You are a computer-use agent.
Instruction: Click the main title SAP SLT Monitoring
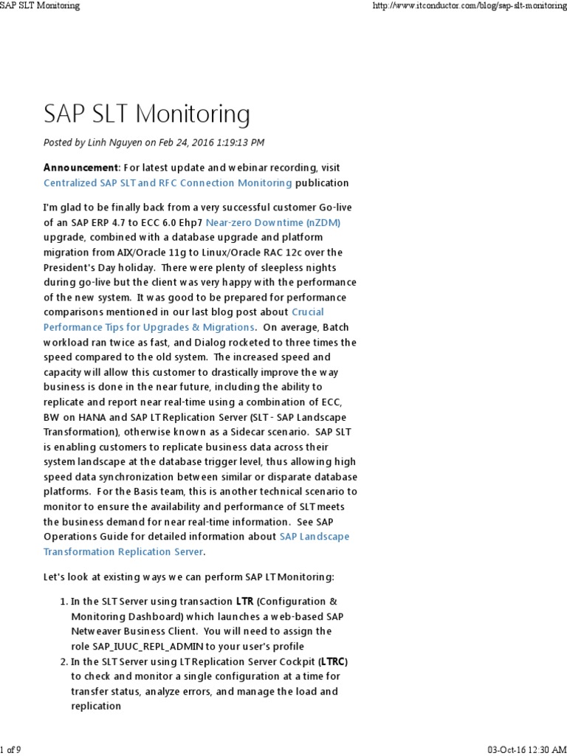(x=147, y=114)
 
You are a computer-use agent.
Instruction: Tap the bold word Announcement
(x=80, y=168)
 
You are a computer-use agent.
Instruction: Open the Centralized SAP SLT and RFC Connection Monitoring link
(x=168, y=182)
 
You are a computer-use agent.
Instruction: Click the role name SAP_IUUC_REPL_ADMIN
(x=152, y=646)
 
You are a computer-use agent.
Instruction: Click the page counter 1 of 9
(x=10, y=749)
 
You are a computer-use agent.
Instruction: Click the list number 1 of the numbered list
(x=63, y=602)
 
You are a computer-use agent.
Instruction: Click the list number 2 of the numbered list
(x=63, y=661)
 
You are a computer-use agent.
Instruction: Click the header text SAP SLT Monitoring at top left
(x=40, y=6)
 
